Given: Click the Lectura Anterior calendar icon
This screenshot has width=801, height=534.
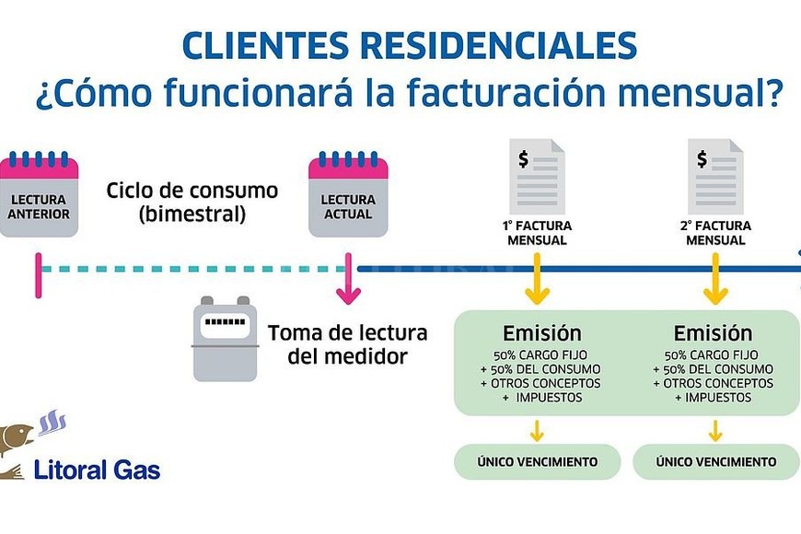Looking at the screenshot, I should [x=40, y=196].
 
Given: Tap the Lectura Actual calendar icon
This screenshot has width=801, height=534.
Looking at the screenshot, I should [x=348, y=196].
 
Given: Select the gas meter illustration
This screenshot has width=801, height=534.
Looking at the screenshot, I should [x=224, y=339].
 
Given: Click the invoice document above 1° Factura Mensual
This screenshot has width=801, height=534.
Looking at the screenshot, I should [x=539, y=176].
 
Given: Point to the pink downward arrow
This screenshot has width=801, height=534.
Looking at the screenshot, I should [x=348, y=281].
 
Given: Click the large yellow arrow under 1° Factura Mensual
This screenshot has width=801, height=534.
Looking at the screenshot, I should [x=538, y=282].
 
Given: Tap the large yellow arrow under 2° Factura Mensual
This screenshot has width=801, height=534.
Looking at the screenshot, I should [x=715, y=282].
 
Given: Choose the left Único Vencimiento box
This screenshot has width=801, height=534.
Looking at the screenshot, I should [x=538, y=461].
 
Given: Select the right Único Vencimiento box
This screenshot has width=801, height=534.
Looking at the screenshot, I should [x=715, y=461].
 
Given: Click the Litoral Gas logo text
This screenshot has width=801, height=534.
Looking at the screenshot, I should [x=97, y=470].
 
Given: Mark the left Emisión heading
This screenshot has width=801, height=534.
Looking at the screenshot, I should [x=541, y=332].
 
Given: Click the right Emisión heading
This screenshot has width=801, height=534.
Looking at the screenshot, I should [x=713, y=332].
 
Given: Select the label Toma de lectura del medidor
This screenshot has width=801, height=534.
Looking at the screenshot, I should [x=333, y=344].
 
